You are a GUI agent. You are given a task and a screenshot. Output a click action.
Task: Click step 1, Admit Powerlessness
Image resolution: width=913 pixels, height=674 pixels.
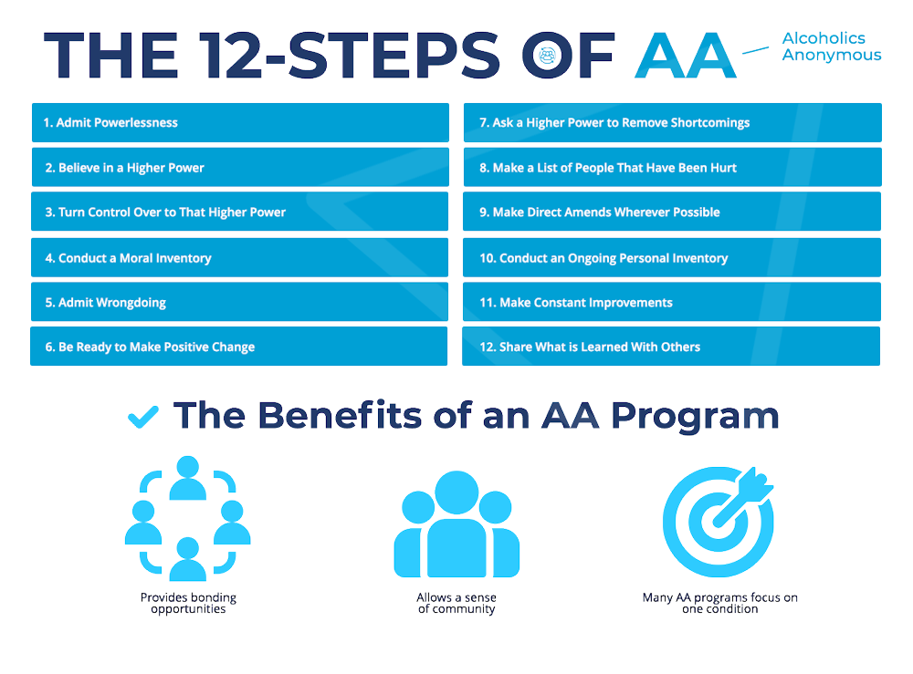[x=240, y=122]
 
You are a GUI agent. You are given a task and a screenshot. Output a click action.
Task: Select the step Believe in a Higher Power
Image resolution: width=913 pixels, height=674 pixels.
[x=240, y=168]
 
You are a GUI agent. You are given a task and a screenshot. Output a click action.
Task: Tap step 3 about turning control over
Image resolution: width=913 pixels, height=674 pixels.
[x=240, y=212]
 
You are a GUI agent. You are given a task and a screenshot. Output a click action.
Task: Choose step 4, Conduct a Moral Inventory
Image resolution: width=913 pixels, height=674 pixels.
[x=240, y=258]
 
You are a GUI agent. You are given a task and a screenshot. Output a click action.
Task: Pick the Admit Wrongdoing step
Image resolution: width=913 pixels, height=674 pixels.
[x=240, y=302]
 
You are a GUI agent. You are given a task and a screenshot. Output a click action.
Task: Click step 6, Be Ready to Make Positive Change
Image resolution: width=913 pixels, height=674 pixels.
[x=240, y=347]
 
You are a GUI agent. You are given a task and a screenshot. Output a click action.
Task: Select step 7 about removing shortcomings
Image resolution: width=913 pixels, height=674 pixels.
[x=672, y=122]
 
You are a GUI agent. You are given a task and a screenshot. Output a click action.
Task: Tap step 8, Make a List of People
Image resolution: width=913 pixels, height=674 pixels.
[x=672, y=168]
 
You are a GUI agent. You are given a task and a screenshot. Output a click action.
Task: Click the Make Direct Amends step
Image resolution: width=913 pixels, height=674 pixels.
[x=672, y=212]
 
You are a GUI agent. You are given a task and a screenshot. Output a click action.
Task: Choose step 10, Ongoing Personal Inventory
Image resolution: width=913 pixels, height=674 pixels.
[x=672, y=258]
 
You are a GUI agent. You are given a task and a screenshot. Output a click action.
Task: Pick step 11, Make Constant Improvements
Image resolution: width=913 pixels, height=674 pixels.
[x=672, y=302]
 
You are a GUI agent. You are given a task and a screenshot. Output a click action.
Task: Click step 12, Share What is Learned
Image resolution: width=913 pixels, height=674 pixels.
[x=672, y=347]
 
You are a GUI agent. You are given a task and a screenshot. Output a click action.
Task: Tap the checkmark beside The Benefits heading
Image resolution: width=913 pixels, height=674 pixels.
[x=142, y=417]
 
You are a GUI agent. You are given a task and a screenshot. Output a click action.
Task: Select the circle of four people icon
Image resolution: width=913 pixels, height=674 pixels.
[x=187, y=517]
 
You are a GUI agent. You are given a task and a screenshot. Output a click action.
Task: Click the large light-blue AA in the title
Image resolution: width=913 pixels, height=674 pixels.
[x=686, y=56]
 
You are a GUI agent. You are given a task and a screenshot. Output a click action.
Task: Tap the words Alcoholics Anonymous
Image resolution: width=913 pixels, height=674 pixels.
[x=831, y=47]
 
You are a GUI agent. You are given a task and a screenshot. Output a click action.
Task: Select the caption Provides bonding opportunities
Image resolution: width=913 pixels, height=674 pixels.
[x=188, y=603]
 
